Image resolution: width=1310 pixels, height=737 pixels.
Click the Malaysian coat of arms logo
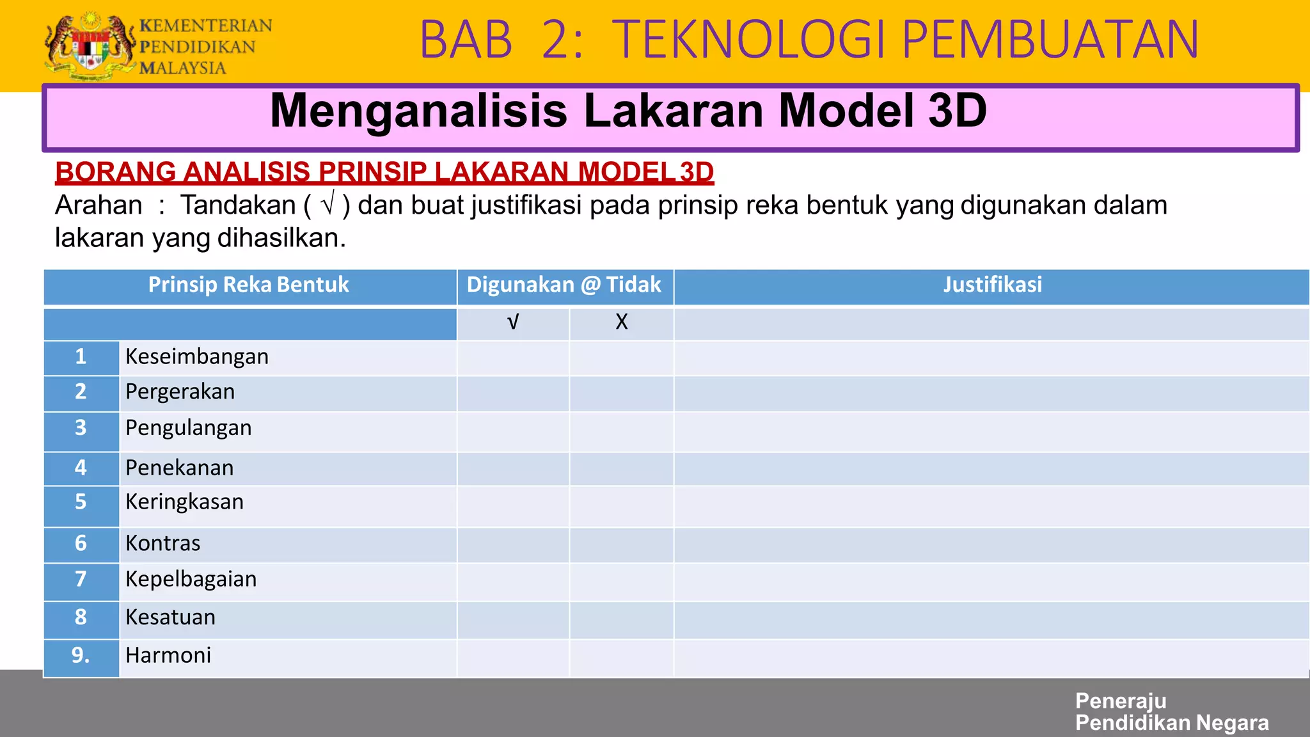click(90, 46)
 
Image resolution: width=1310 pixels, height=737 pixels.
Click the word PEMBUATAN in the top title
click(1050, 40)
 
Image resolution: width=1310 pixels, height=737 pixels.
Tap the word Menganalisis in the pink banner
click(418, 111)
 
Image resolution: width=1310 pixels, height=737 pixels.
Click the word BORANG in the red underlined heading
click(115, 171)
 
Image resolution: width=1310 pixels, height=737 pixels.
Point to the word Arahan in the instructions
click(99, 205)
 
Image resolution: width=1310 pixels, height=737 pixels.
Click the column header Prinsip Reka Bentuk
click(248, 285)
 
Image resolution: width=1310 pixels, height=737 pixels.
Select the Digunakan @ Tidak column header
click(564, 285)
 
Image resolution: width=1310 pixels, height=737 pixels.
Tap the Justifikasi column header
click(992, 285)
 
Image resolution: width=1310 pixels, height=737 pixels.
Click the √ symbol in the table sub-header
click(512, 322)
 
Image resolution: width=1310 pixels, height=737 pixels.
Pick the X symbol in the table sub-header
click(621, 322)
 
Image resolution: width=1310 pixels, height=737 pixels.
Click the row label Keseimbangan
click(197, 356)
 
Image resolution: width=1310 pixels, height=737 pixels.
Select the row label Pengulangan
click(189, 428)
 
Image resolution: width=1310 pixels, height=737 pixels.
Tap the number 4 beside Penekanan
click(81, 468)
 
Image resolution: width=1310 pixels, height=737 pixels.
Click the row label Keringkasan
click(184, 502)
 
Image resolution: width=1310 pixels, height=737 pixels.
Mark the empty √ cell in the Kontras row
click(513, 544)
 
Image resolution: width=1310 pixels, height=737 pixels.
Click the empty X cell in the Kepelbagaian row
click(621, 581)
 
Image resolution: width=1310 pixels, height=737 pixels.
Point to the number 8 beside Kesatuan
click(81, 617)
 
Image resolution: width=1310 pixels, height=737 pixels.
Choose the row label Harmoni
click(168, 656)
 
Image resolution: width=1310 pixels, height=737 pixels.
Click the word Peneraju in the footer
click(1121, 701)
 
